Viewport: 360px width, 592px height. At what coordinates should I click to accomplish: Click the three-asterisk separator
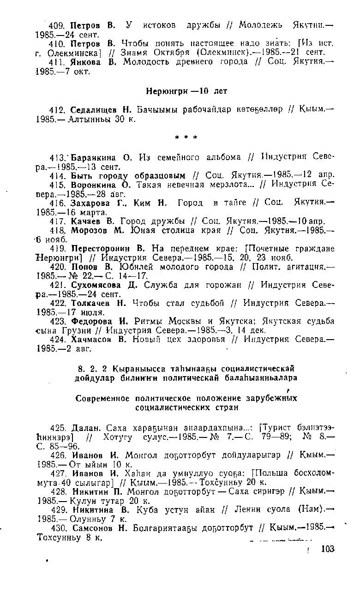186,137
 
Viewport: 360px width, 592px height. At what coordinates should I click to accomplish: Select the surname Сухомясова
97,286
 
